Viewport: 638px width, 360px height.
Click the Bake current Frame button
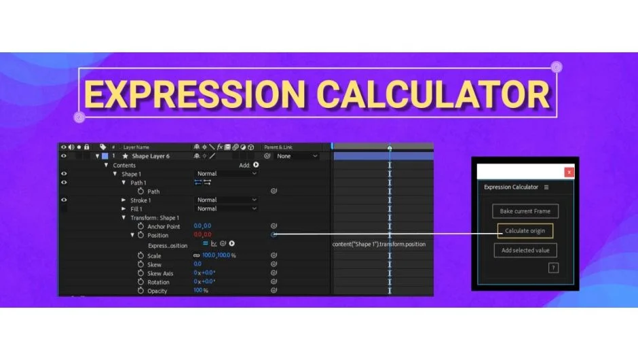point(525,211)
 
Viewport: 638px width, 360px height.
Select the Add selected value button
point(525,251)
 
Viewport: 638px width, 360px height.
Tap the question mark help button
point(553,268)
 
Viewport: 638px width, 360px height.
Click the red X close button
point(569,173)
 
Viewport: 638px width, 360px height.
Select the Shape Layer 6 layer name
point(151,156)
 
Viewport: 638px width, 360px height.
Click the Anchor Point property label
point(164,226)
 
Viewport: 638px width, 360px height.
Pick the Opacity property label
point(157,291)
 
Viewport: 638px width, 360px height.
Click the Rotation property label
point(158,282)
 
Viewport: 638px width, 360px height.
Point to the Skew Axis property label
point(160,273)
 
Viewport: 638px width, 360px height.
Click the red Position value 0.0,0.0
point(202,235)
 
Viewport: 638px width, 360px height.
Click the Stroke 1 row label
point(140,200)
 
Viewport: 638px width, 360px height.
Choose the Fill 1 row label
point(136,209)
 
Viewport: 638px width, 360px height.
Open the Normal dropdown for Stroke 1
point(227,200)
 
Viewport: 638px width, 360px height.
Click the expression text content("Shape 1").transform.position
point(379,244)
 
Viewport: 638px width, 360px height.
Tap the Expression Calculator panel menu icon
point(546,187)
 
